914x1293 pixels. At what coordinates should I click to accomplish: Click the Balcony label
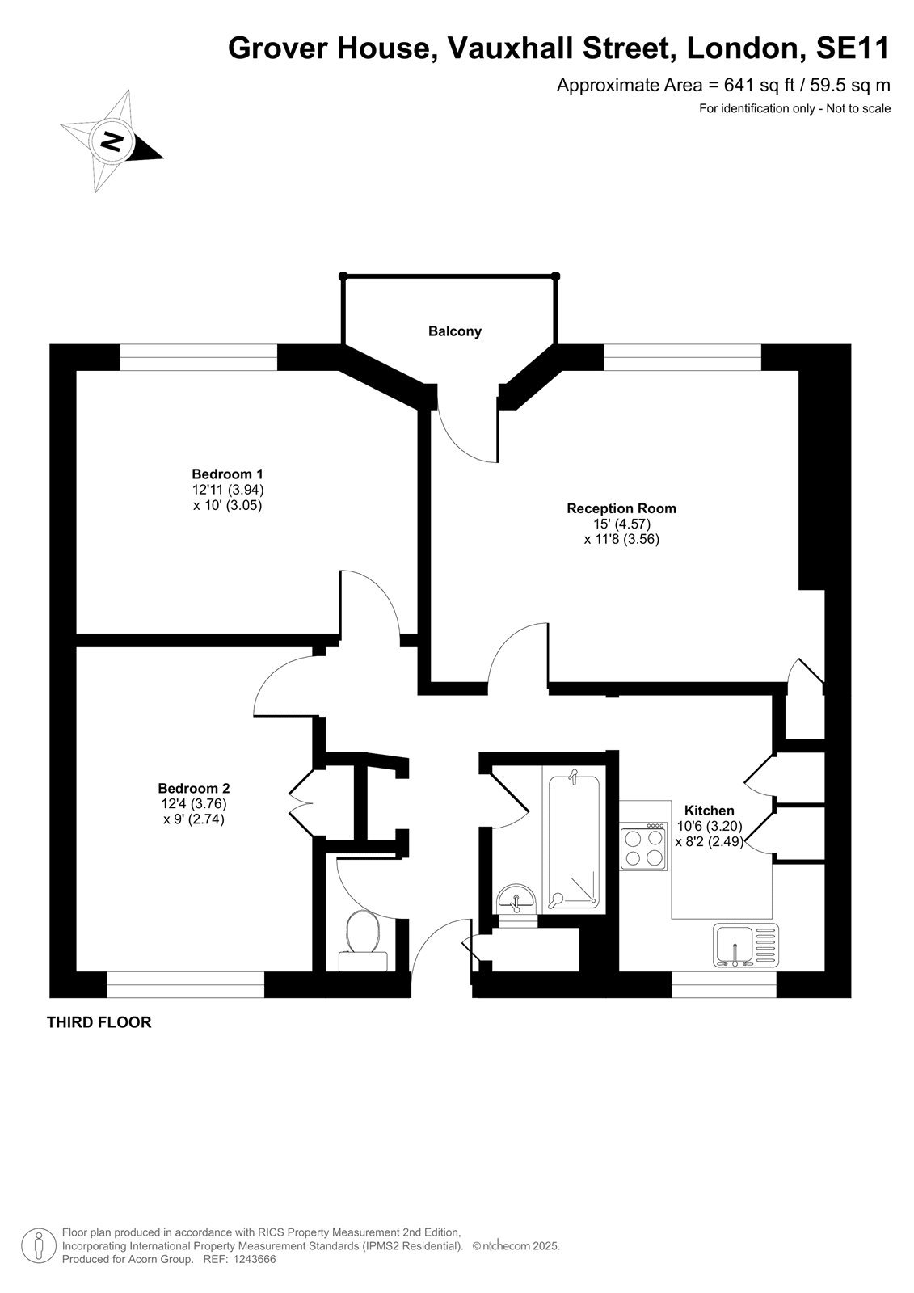(x=454, y=331)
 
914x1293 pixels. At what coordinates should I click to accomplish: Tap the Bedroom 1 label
(x=227, y=474)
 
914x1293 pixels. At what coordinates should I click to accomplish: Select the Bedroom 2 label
(x=194, y=788)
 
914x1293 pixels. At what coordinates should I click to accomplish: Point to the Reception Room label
(x=621, y=508)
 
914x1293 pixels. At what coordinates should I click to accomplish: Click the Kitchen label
(x=709, y=811)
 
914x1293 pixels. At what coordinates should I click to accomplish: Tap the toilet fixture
(x=363, y=940)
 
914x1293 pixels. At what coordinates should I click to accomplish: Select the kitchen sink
(x=745, y=945)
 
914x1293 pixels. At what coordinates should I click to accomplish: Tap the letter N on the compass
(x=112, y=141)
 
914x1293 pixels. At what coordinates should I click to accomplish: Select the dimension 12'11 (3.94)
(x=227, y=490)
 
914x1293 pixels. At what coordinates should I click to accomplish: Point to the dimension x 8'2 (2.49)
(x=710, y=841)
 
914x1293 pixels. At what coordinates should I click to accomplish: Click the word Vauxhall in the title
(x=511, y=48)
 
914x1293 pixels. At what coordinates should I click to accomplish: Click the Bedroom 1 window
(x=199, y=357)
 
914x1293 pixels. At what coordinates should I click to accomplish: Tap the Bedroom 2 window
(x=185, y=985)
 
